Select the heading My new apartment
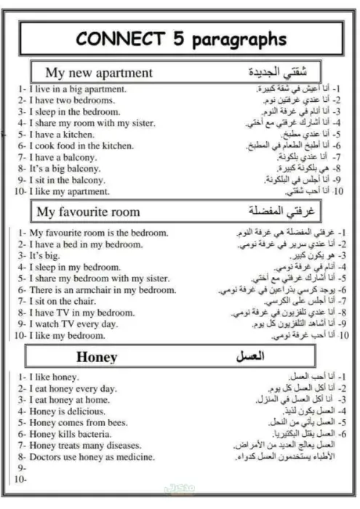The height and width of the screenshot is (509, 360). point(99,73)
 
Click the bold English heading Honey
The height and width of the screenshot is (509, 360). point(96,357)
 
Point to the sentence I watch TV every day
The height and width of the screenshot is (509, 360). point(73,324)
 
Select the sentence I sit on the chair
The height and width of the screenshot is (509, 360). point(66,301)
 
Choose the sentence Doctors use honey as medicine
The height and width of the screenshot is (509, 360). point(92,457)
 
